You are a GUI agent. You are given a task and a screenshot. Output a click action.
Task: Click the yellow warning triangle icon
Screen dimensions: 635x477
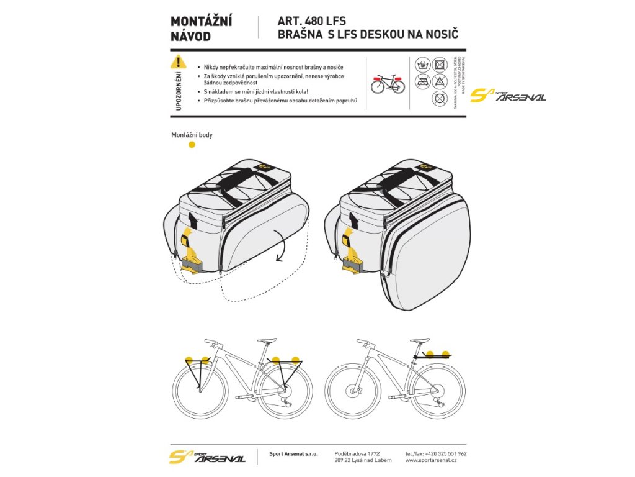178,62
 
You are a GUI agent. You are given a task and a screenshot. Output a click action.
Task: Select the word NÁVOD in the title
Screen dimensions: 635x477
190,36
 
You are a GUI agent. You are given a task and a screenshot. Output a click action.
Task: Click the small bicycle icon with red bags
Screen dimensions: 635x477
388,83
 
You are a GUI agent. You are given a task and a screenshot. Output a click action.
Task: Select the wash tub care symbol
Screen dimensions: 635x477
423,64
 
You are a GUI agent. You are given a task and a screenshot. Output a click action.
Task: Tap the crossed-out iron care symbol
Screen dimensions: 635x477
423,81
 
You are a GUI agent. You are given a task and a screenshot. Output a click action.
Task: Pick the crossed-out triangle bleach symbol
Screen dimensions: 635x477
440,81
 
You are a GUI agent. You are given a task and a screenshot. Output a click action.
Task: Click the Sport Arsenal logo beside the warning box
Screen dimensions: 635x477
508,96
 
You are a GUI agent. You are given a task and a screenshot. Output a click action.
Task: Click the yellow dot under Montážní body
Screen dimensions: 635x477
192,145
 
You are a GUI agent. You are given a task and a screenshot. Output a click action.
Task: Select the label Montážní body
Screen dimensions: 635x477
192,135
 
